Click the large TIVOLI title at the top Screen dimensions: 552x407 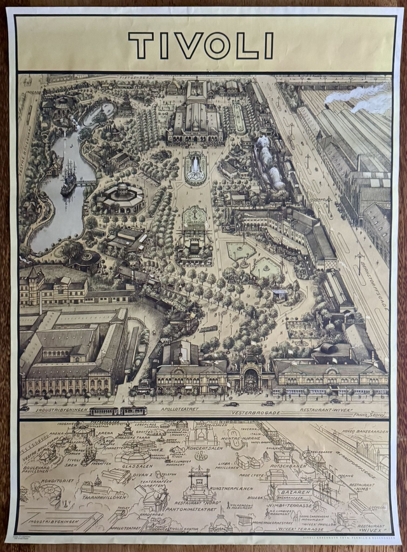(201, 46)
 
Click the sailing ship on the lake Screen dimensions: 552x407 (68, 179)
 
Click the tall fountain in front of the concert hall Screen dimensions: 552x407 (195, 167)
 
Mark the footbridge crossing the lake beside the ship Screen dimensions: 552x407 (86, 182)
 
